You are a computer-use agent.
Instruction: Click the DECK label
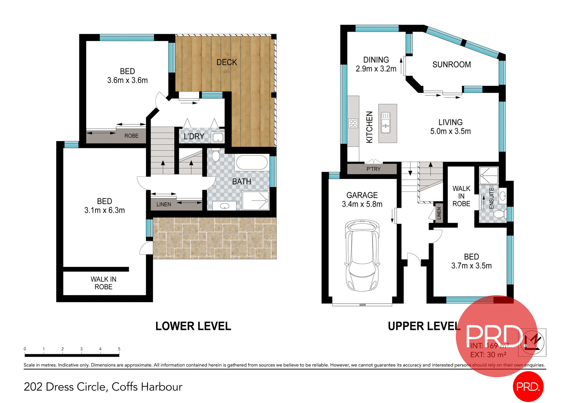tap(227, 62)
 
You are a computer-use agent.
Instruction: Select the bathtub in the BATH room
tap(252, 162)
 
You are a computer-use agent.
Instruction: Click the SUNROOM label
tap(451, 64)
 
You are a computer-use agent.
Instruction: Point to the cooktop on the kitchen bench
tap(353, 123)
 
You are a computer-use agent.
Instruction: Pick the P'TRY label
tap(373, 169)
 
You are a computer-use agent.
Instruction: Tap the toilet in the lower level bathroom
tap(216, 155)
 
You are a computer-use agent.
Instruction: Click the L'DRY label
tap(194, 136)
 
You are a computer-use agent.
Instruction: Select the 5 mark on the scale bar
tap(119, 349)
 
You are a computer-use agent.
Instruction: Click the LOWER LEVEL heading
tap(193, 326)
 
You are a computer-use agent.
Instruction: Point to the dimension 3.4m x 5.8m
tap(362, 204)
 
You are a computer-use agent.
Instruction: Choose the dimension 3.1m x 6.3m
tap(104, 210)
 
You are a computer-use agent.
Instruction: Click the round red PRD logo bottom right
tap(528, 386)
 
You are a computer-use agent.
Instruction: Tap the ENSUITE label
tap(492, 198)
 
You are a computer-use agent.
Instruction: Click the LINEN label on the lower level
tap(164, 205)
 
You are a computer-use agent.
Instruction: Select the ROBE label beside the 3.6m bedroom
tap(131, 136)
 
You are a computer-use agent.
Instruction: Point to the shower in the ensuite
tap(488, 175)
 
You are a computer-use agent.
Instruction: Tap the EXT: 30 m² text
tap(488, 355)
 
